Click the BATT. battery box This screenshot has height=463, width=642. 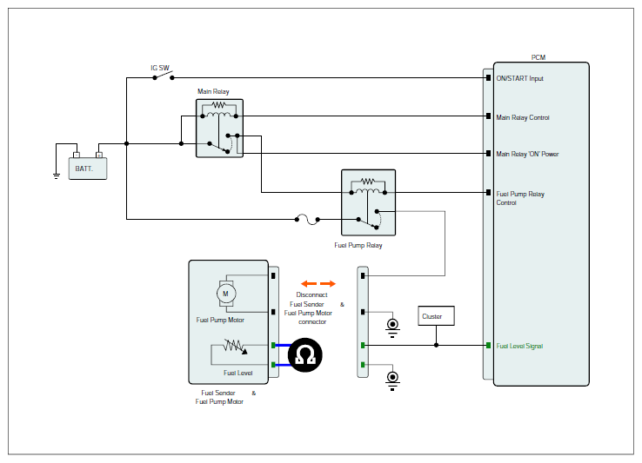click(88, 169)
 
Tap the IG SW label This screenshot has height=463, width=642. click(160, 68)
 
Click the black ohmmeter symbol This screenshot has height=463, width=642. click(305, 355)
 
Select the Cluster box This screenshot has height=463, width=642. click(436, 315)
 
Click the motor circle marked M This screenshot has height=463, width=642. click(226, 294)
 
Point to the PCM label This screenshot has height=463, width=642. click(538, 57)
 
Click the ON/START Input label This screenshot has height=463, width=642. click(519, 78)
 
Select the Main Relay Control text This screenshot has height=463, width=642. click(523, 117)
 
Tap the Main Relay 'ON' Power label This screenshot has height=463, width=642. click(527, 154)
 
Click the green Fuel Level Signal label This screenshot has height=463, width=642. click(519, 346)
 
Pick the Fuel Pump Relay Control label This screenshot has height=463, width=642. click(520, 198)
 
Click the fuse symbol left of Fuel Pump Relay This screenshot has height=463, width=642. click(307, 219)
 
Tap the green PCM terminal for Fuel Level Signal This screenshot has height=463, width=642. click(488, 346)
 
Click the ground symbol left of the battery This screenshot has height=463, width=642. click(56, 175)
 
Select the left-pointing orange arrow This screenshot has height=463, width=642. click(309, 283)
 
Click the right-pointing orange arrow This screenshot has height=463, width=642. click(328, 283)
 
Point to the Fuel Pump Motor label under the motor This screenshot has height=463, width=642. click(220, 320)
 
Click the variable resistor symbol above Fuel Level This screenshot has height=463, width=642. click(235, 347)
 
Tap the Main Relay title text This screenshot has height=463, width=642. click(213, 91)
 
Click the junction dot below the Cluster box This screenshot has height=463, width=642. click(436, 345)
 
